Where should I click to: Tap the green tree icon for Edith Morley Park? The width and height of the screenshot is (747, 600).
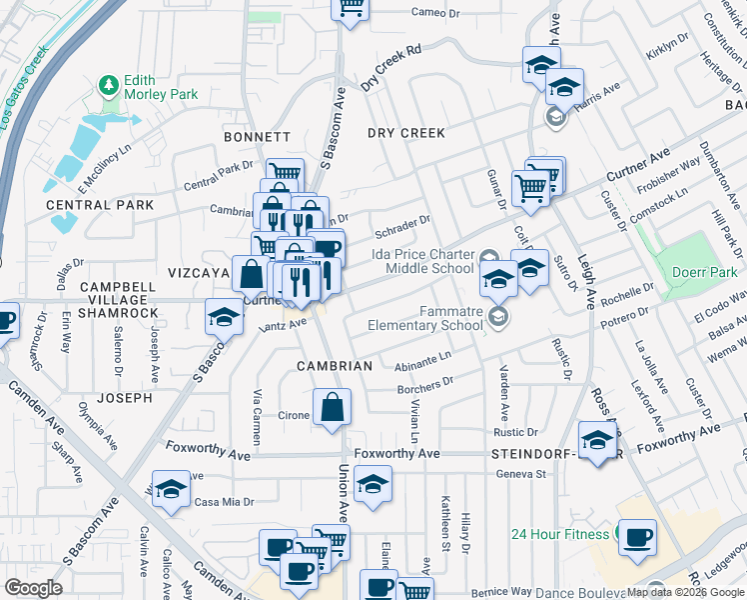(108, 87)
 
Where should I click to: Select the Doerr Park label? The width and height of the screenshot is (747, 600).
(704, 272)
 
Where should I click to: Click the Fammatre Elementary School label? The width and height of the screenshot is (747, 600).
(424, 318)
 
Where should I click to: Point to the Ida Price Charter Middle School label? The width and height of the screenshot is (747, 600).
(422, 261)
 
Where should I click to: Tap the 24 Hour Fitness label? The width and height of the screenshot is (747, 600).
(560, 533)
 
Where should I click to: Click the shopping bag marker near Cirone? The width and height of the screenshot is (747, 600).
(333, 408)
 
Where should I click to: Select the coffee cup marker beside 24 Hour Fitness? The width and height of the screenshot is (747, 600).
(637, 536)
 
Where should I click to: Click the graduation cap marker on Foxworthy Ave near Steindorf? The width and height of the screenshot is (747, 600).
(597, 441)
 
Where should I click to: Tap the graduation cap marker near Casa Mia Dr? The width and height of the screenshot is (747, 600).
(171, 490)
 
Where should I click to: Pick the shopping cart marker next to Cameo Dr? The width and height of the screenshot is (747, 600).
(350, 8)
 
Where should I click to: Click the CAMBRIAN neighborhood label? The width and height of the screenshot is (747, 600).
(335, 366)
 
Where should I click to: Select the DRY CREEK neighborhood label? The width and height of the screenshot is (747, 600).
(405, 133)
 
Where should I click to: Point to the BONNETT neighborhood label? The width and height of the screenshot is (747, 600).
(257, 137)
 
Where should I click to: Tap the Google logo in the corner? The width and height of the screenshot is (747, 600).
(34, 588)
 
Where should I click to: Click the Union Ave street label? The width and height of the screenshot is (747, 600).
(343, 490)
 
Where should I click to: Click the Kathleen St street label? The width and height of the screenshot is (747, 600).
(444, 531)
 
